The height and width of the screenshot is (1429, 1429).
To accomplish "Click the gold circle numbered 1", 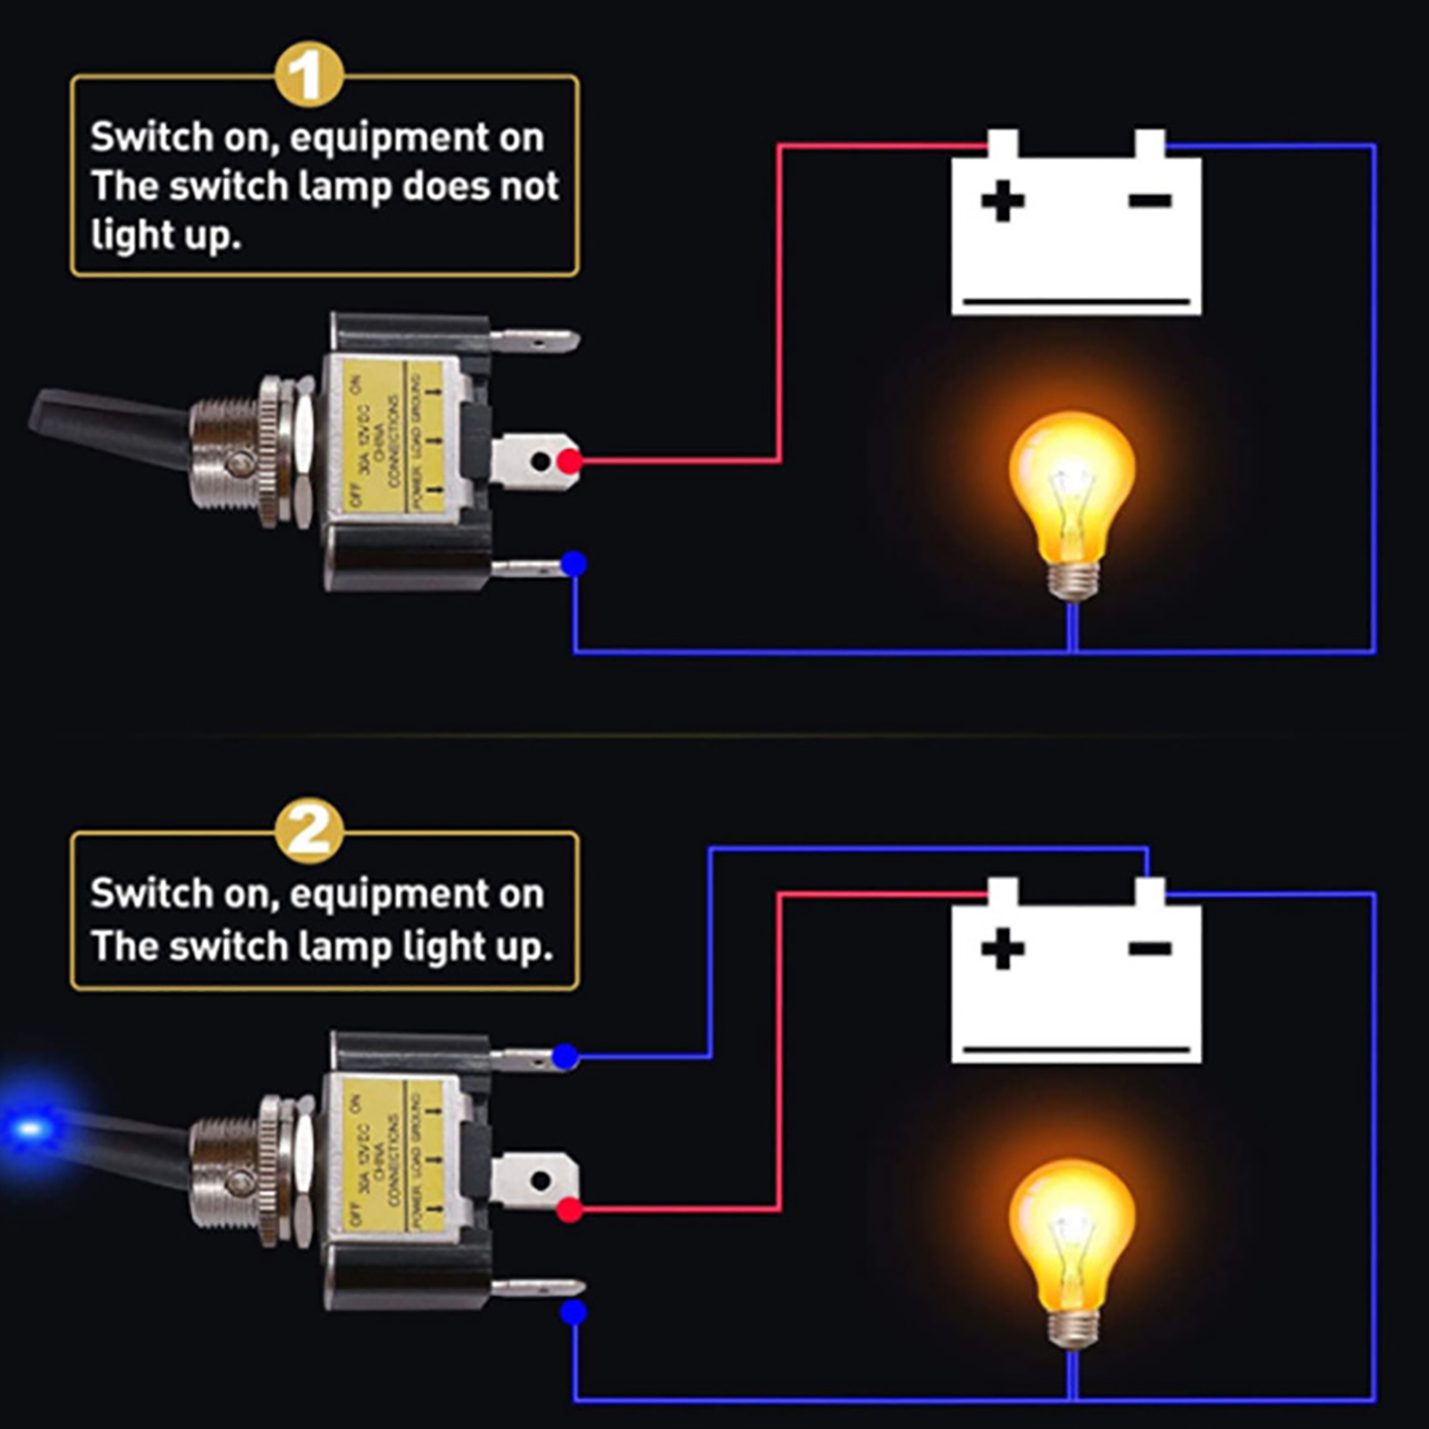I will (x=309, y=76).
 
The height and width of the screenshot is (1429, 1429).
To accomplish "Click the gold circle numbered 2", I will (x=309, y=831).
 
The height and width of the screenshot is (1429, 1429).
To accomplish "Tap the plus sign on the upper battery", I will (x=1002, y=200).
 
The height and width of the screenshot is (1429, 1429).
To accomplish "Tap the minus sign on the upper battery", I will (x=1149, y=200).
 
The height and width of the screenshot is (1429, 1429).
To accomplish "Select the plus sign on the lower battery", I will (x=1002, y=948).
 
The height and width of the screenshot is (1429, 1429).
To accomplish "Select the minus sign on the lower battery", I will (x=1149, y=948).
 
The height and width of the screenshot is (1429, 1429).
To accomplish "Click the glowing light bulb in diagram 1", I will (x=1072, y=500).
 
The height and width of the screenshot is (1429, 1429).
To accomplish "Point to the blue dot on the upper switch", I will (x=573, y=564).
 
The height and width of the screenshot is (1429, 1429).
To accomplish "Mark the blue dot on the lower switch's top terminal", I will (x=564, y=1057).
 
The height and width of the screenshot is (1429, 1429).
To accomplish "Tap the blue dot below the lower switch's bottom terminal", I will (x=573, y=1312).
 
